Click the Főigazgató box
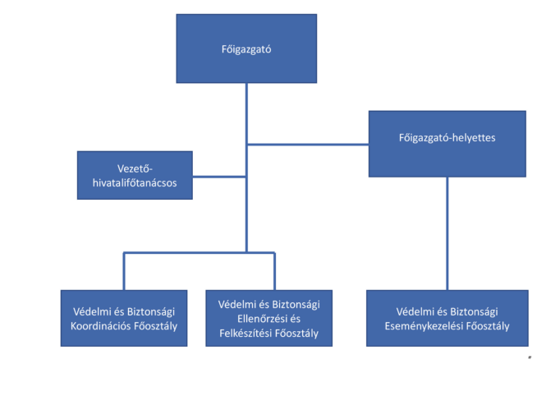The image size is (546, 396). (x=246, y=48)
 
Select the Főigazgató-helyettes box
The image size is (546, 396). (x=447, y=144)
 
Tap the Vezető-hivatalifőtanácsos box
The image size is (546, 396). (x=135, y=175)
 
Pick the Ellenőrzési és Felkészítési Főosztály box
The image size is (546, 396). (x=274, y=317)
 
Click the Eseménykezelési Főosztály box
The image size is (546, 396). (x=447, y=317)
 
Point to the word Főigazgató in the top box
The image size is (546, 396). (x=245, y=49)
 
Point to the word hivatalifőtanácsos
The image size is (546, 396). (x=135, y=182)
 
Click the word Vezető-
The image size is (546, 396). (x=135, y=168)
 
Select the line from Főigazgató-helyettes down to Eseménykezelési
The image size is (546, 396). (x=447, y=233)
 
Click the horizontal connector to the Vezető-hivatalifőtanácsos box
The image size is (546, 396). (x=219, y=175)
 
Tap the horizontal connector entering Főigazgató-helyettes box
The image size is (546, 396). (x=308, y=145)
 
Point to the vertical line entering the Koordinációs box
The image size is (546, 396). (x=125, y=270)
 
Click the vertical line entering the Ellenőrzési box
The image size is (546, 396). (x=274, y=270)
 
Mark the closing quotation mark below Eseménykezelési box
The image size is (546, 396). (x=530, y=358)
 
